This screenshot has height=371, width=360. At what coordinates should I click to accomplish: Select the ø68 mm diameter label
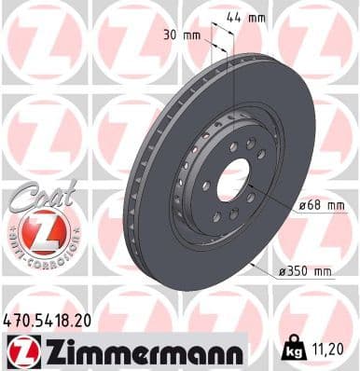310,206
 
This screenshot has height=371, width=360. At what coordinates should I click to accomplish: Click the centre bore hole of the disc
234,180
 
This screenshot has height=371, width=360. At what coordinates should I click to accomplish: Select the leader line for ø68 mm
270,199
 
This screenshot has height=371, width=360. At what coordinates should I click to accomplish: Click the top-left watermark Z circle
42,41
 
